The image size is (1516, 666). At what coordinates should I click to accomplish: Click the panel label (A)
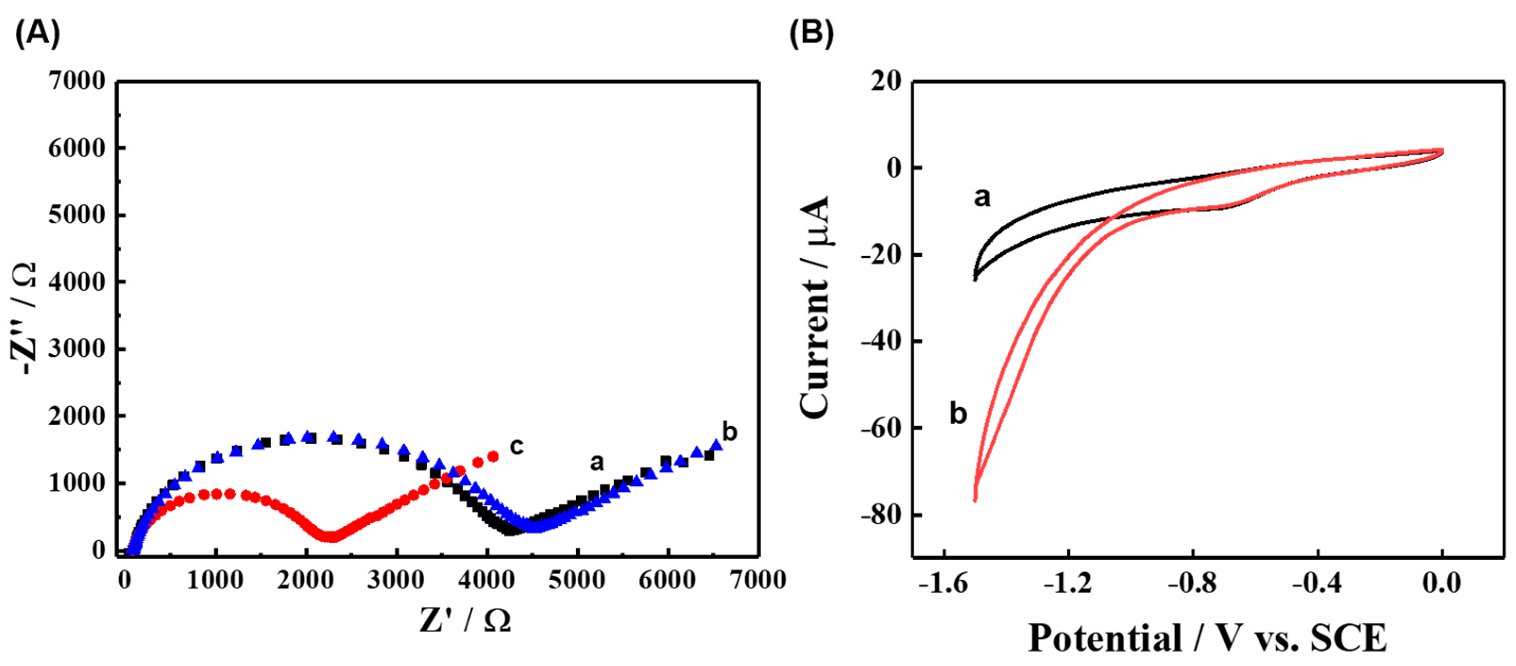click(x=37, y=34)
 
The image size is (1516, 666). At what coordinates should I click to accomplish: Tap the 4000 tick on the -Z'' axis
click(x=77, y=282)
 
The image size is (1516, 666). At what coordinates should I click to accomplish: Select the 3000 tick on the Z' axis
click(x=396, y=581)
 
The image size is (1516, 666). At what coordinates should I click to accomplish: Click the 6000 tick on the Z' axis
click(x=667, y=581)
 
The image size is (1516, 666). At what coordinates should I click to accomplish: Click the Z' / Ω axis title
click(x=465, y=620)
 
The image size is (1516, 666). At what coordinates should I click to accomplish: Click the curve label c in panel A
click(x=516, y=446)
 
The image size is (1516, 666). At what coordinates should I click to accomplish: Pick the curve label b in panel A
click(x=729, y=432)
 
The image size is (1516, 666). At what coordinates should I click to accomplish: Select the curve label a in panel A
click(x=597, y=462)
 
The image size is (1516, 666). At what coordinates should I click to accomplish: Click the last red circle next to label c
click(x=493, y=456)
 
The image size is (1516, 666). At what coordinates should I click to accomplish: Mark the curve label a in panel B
click(x=982, y=198)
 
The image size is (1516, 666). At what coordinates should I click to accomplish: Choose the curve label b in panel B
click(x=958, y=414)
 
